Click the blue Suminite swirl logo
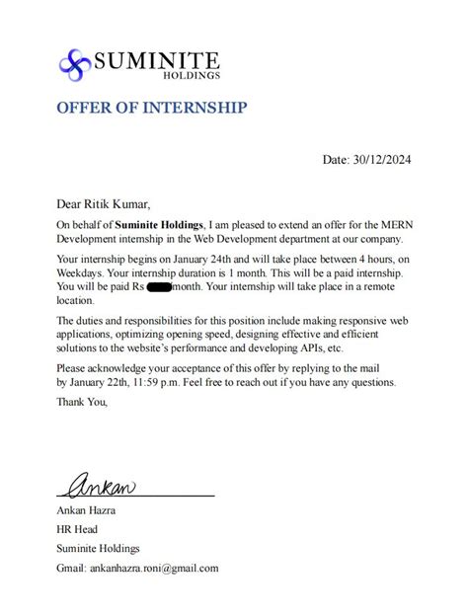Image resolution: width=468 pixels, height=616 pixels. tap(75, 64)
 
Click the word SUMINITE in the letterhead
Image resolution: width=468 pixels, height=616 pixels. tap(156, 61)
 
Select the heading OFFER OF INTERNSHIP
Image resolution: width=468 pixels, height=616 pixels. tap(151, 107)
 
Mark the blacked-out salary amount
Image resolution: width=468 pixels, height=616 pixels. tap(159, 286)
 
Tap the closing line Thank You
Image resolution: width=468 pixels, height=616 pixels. tap(81, 401)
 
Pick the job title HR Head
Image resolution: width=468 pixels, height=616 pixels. tap(78, 529)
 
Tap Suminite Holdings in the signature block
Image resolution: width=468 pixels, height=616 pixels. tap(98, 548)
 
